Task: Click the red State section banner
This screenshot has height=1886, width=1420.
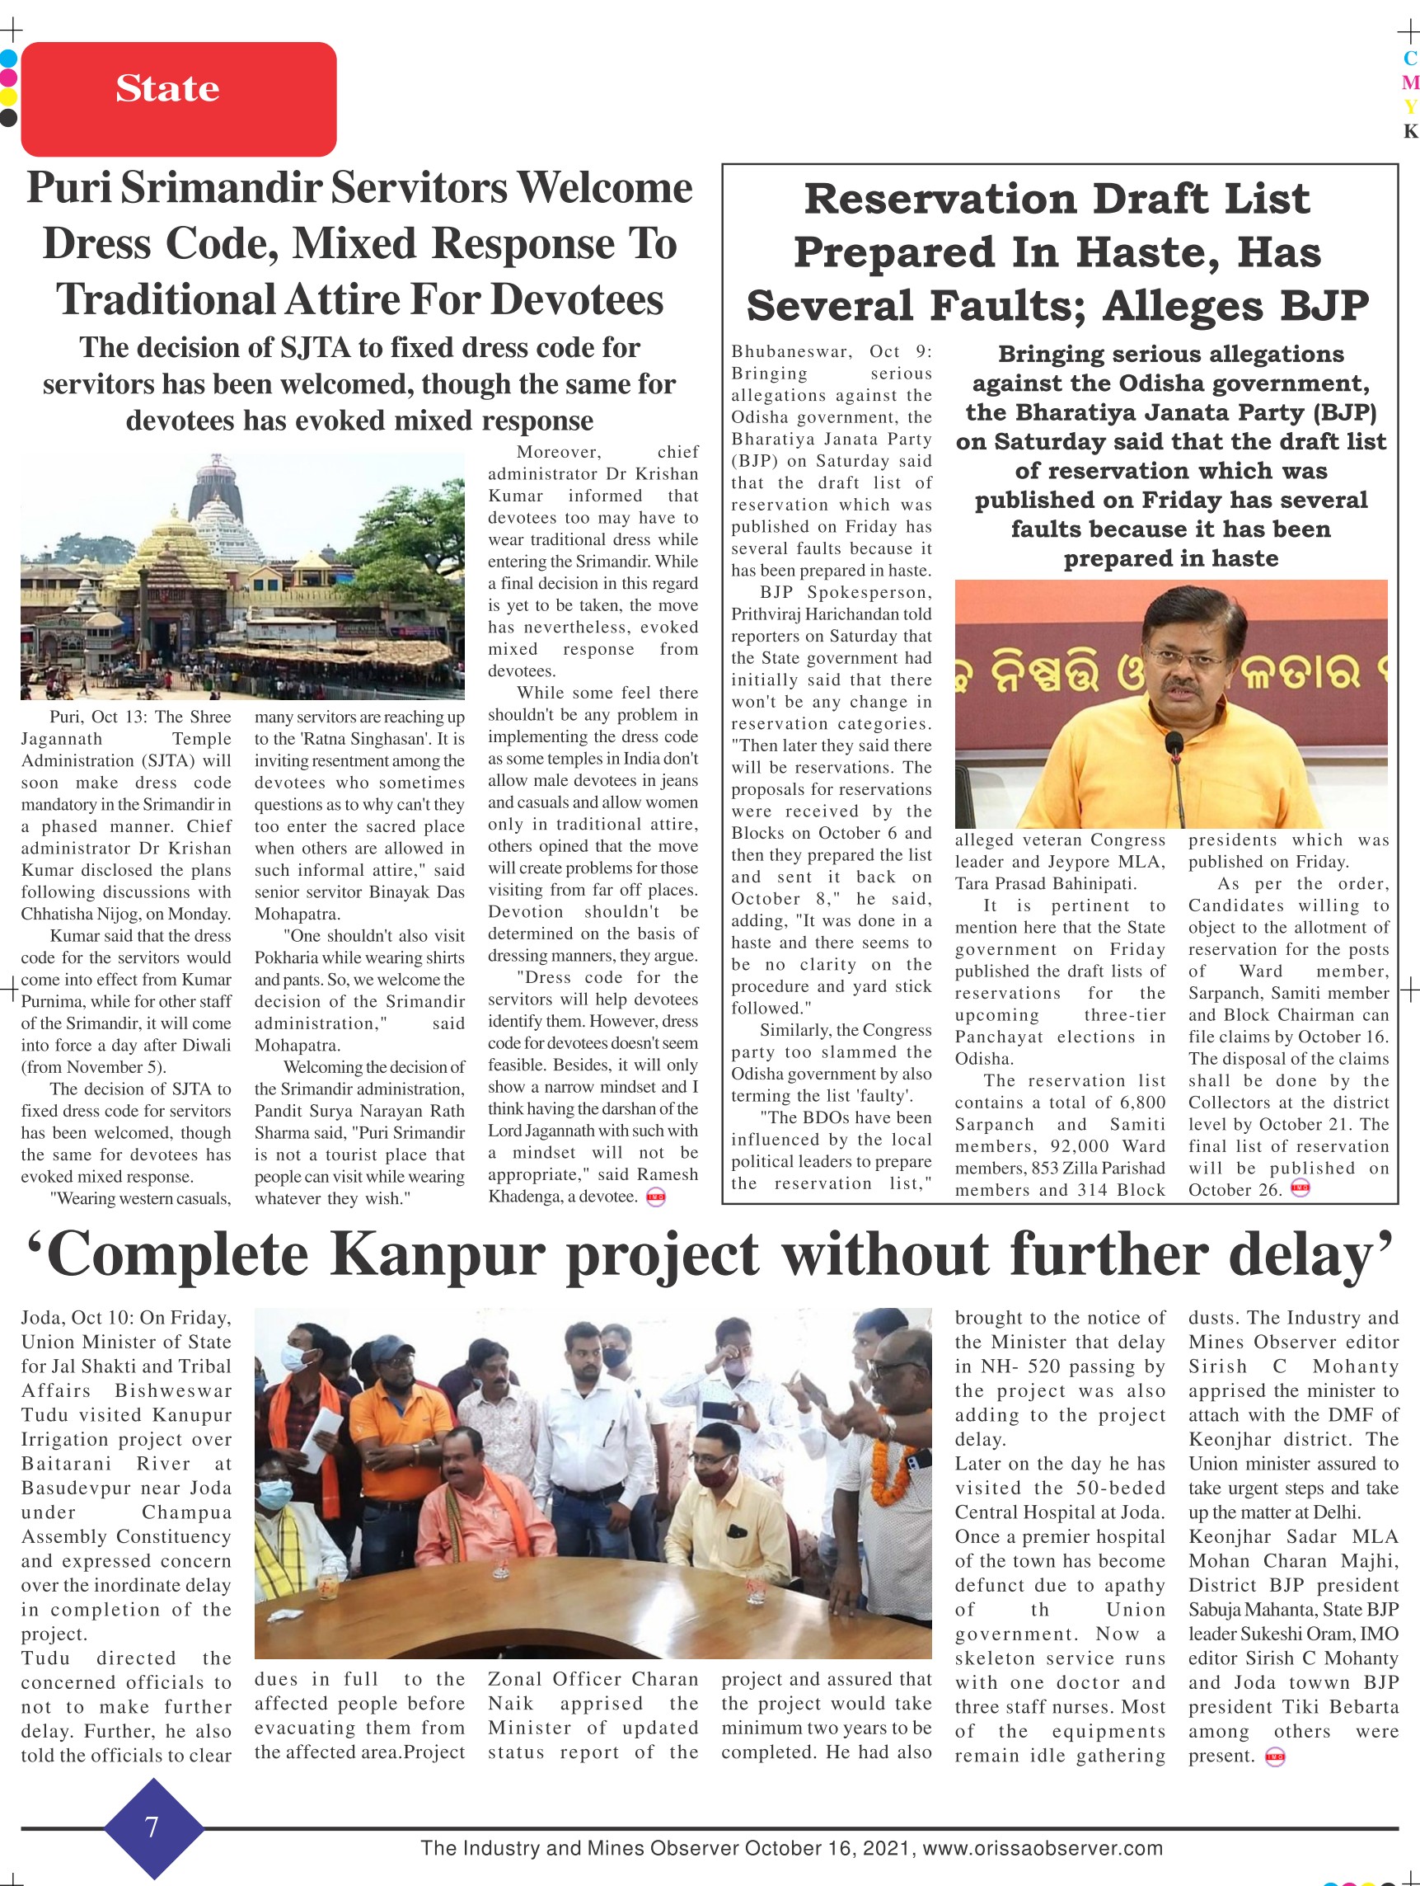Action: point(178,98)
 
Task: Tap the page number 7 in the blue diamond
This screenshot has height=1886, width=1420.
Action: point(152,1827)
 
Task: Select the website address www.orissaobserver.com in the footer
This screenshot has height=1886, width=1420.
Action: point(1043,1849)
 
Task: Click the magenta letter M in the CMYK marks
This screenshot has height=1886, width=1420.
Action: point(1410,82)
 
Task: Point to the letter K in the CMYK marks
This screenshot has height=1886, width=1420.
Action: point(1410,130)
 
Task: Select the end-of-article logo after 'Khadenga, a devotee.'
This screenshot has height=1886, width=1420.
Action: point(655,1197)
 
